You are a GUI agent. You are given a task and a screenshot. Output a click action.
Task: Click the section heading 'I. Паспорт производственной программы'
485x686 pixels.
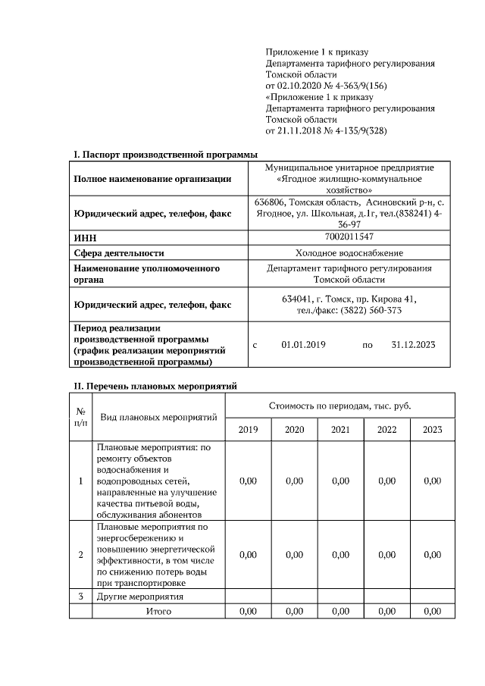pyautogui.click(x=165, y=155)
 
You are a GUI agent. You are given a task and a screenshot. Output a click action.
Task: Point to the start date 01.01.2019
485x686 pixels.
pyautogui.click(x=303, y=345)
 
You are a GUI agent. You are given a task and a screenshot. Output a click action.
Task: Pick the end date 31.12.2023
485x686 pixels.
pyautogui.click(x=413, y=345)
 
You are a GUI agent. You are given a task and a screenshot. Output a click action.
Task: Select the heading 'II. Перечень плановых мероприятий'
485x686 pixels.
pyautogui.click(x=155, y=386)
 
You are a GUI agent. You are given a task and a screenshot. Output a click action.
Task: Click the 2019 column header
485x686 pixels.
pyautogui.click(x=248, y=430)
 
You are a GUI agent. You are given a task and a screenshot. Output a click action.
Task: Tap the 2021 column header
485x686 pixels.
pyautogui.click(x=340, y=430)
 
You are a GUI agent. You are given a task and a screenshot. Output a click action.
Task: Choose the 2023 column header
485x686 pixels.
pyautogui.click(x=432, y=430)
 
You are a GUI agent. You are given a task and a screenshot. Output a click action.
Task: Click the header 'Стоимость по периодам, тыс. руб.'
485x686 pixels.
pyautogui.click(x=340, y=406)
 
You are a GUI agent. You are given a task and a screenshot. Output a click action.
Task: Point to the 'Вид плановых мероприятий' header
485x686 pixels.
pyautogui.click(x=159, y=417)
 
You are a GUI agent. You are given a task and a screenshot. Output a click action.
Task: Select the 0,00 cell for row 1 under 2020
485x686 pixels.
pyautogui.click(x=294, y=481)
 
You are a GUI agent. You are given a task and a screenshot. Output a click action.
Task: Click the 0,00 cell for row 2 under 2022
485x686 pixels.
pyautogui.click(x=386, y=554)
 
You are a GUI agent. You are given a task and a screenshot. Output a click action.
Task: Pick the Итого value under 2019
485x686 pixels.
pyautogui.click(x=248, y=611)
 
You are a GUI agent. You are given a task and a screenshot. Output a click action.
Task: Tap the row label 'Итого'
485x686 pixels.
pyautogui.click(x=159, y=611)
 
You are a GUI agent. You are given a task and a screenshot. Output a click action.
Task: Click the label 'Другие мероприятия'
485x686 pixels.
pyautogui.click(x=140, y=597)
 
